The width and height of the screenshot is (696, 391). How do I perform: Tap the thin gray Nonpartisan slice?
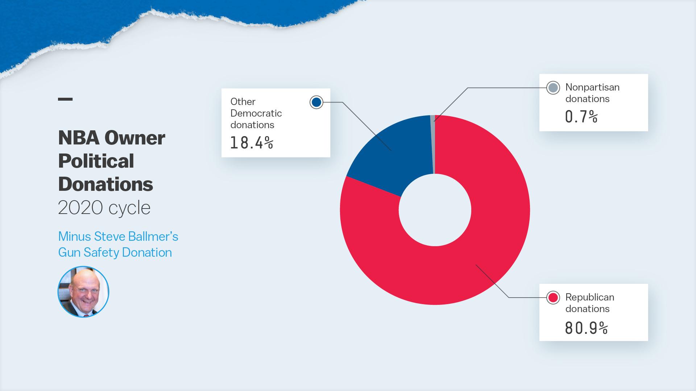pyautogui.click(x=432, y=145)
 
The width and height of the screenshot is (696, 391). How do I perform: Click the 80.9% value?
pyautogui.click(x=586, y=328)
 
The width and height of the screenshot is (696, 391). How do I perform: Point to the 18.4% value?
pyautogui.click(x=252, y=143)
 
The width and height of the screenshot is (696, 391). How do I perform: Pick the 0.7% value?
pyautogui.click(x=581, y=117)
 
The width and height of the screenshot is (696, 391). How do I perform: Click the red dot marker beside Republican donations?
pyautogui.click(x=553, y=298)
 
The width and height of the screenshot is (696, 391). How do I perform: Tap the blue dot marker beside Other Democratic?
pyautogui.click(x=316, y=102)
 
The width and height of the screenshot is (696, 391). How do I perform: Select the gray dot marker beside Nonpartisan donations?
pyautogui.click(x=553, y=88)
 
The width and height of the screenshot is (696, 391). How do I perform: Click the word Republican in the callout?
pyautogui.click(x=590, y=298)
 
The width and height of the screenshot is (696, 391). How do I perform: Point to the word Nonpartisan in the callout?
pyautogui.click(x=592, y=88)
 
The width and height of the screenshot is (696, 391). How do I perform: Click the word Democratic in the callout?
pyautogui.click(x=256, y=113)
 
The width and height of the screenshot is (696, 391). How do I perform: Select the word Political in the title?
pyautogui.click(x=96, y=161)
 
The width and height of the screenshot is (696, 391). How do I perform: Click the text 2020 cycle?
pyautogui.click(x=104, y=208)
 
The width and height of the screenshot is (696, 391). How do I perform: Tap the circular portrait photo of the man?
pyautogui.click(x=83, y=292)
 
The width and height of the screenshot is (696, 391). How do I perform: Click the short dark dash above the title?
pyautogui.click(x=65, y=99)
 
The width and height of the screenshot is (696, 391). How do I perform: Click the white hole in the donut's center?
pyautogui.click(x=435, y=210)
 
